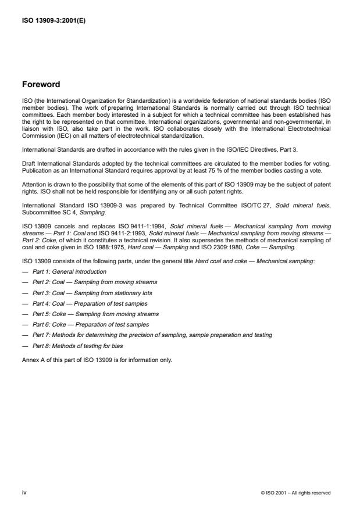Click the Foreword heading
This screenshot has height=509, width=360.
click(41, 84)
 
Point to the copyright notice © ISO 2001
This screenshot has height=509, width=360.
click(296, 492)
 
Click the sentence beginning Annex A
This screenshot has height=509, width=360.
click(96, 360)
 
